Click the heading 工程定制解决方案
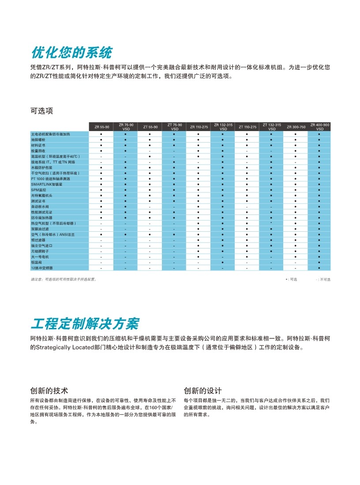click(x=85, y=323)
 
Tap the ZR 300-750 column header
click(x=296, y=127)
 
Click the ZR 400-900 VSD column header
click(x=319, y=127)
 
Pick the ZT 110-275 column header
click(x=247, y=127)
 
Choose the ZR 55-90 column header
click(x=101, y=127)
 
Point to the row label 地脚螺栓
click(x=38, y=139)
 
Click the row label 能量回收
click(x=38, y=150)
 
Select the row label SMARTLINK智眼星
click(x=45, y=184)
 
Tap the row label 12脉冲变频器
click(x=41, y=267)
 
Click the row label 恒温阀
click(x=36, y=262)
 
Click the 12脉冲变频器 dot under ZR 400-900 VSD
click(x=319, y=267)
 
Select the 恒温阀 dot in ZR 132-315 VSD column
click(x=223, y=262)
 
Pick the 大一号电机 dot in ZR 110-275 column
click(x=199, y=256)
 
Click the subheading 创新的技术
click(x=49, y=391)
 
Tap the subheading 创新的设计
click(x=202, y=391)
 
